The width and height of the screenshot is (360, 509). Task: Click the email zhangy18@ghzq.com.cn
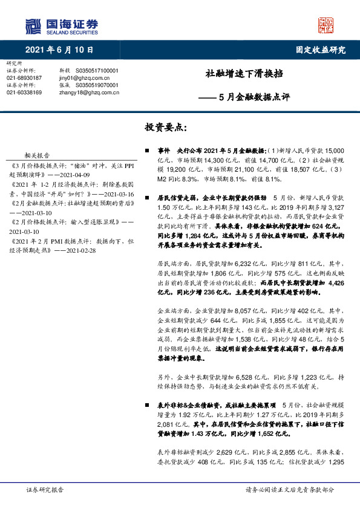pos(89,92)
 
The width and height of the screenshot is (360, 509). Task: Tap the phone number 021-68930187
pos(24,78)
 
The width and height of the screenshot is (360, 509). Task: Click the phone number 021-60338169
pos(24,92)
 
